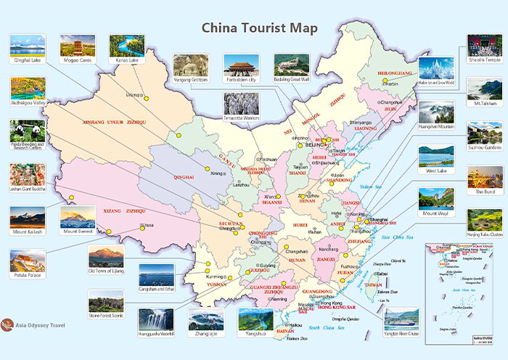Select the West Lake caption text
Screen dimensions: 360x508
point(436,171)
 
